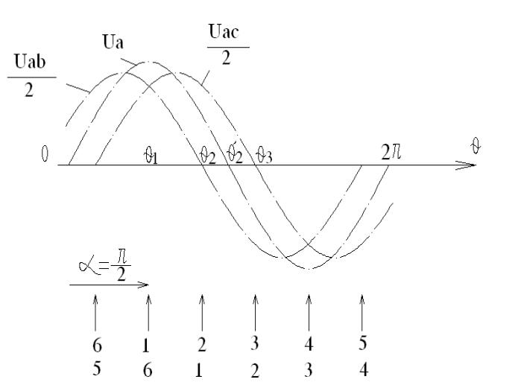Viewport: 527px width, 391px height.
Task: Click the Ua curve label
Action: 113,42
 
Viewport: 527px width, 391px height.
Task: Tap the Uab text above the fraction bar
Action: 30,62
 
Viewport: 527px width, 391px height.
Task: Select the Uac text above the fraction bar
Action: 224,31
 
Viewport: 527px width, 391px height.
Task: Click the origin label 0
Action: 45,154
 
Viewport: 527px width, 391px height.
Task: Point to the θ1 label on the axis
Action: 151,156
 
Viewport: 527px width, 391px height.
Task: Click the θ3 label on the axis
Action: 264,156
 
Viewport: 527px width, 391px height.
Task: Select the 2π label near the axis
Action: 391,152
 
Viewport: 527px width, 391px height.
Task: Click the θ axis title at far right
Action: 476,146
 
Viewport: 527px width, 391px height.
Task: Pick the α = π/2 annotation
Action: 105,265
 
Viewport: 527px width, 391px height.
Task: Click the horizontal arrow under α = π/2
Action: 109,284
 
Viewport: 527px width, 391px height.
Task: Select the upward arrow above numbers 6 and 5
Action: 95,313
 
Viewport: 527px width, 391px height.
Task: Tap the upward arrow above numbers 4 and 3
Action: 309,313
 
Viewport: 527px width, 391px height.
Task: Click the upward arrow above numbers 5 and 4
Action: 362,313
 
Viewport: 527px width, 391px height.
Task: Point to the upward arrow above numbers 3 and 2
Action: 256,313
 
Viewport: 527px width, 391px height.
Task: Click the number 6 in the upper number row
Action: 97,346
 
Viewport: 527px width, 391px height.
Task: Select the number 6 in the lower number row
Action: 148,370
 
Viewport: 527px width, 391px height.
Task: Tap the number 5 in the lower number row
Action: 96,369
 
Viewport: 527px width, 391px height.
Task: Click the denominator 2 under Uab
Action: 29,90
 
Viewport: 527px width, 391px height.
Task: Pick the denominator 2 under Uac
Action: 226,58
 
